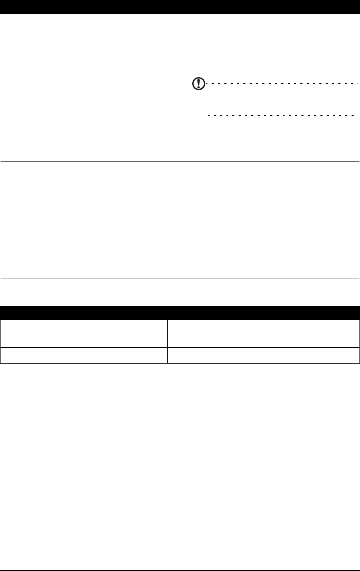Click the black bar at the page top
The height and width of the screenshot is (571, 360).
179,6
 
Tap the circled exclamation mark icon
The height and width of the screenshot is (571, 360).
197,84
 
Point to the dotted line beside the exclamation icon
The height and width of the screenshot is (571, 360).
282,83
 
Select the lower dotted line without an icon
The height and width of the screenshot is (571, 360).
280,115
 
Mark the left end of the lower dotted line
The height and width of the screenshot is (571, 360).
209,115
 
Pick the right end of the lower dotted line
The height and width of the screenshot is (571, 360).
352,115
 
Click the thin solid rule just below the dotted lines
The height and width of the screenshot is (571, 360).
179,161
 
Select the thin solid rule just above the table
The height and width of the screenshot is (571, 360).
179,279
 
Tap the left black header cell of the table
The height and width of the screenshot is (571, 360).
83,312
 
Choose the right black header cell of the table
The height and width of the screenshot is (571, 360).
264,312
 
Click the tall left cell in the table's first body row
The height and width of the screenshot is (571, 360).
83,332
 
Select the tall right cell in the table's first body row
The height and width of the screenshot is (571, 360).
264,332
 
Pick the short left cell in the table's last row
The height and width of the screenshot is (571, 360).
83,355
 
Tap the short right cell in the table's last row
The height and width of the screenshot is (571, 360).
264,355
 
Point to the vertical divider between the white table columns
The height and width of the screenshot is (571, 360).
167,340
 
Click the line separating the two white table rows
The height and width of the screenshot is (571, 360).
179,347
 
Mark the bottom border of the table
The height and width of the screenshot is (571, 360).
179,363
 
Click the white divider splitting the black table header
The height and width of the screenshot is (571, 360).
167,312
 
